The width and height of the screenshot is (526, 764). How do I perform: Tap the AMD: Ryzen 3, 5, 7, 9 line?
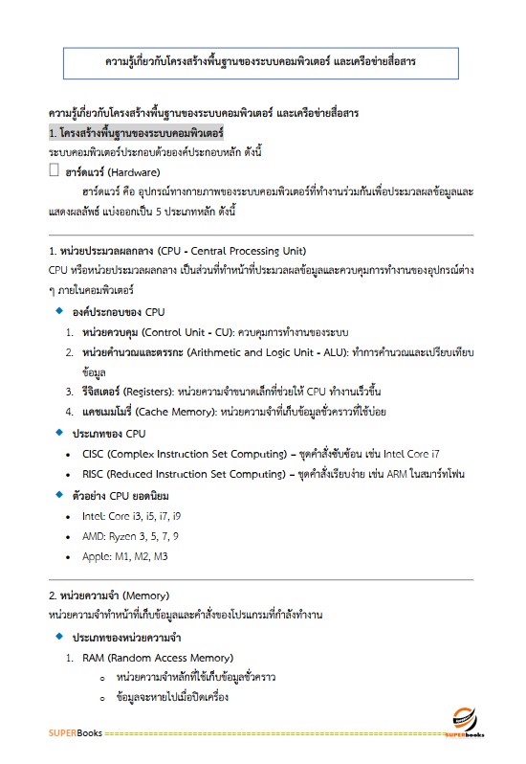click(x=130, y=536)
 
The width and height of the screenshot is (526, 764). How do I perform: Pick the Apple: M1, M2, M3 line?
click(x=124, y=556)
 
